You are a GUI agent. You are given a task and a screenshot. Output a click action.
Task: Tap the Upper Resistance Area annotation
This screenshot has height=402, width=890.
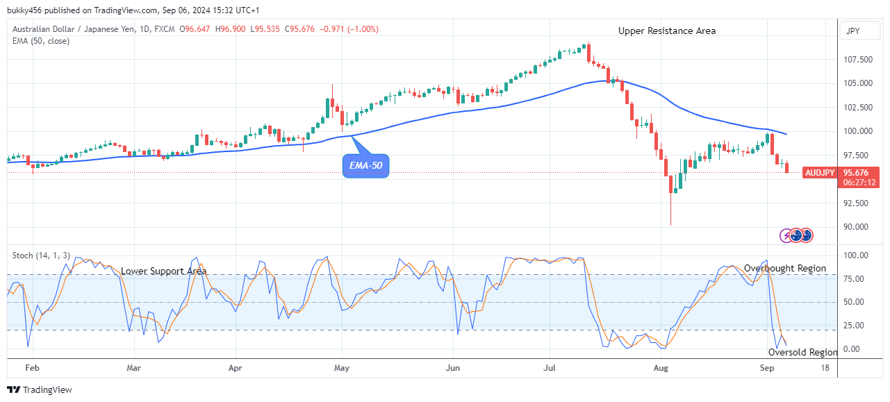pos(667,31)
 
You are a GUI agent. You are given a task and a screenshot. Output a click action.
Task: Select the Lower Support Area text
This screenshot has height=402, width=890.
pos(163,271)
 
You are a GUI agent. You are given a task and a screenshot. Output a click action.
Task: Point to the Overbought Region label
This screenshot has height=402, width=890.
pos(785,268)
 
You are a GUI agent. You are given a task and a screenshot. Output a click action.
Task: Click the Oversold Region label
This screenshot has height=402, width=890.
pos(803,352)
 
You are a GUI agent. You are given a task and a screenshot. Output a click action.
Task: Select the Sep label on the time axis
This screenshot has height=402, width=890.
pos(766,368)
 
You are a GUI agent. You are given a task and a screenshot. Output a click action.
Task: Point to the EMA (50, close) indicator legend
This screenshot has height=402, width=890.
pos(41,41)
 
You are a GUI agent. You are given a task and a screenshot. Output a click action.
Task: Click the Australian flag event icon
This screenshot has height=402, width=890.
pos(806,235)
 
